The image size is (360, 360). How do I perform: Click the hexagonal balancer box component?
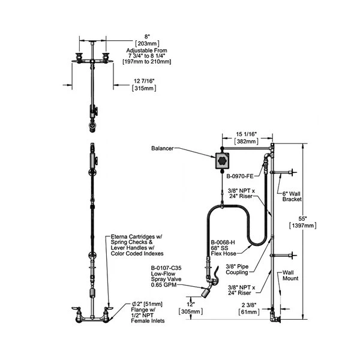pyautogui.click(x=223, y=160)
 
